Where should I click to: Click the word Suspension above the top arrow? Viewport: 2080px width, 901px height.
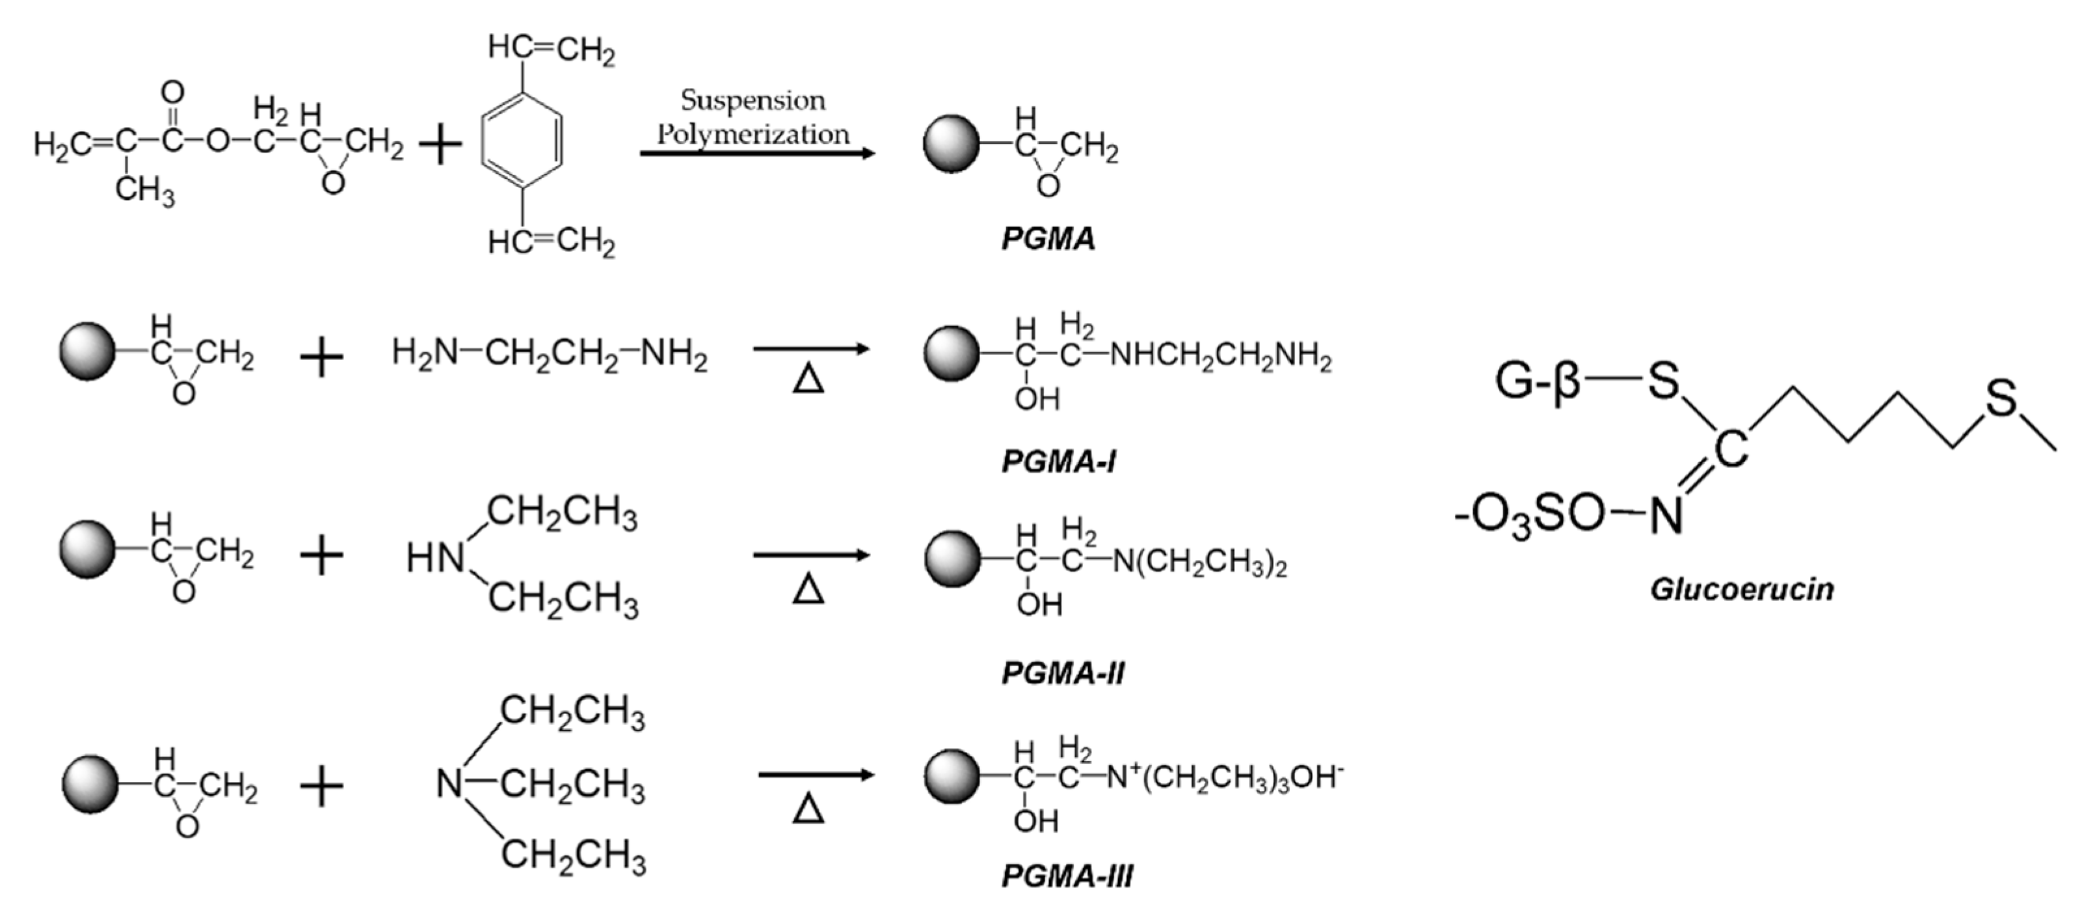(x=753, y=100)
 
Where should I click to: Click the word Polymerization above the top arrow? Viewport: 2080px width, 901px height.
(x=753, y=134)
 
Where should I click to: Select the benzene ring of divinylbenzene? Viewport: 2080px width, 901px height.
(x=522, y=142)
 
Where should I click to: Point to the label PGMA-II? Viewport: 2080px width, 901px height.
(x=1063, y=672)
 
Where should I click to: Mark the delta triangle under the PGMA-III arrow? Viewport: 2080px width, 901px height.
(x=808, y=808)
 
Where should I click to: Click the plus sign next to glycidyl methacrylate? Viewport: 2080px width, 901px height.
(x=440, y=145)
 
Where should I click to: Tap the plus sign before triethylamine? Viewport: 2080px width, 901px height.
(x=321, y=786)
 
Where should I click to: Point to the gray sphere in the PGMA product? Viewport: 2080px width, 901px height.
(x=951, y=144)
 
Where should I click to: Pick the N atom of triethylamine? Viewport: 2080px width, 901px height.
(x=449, y=784)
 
